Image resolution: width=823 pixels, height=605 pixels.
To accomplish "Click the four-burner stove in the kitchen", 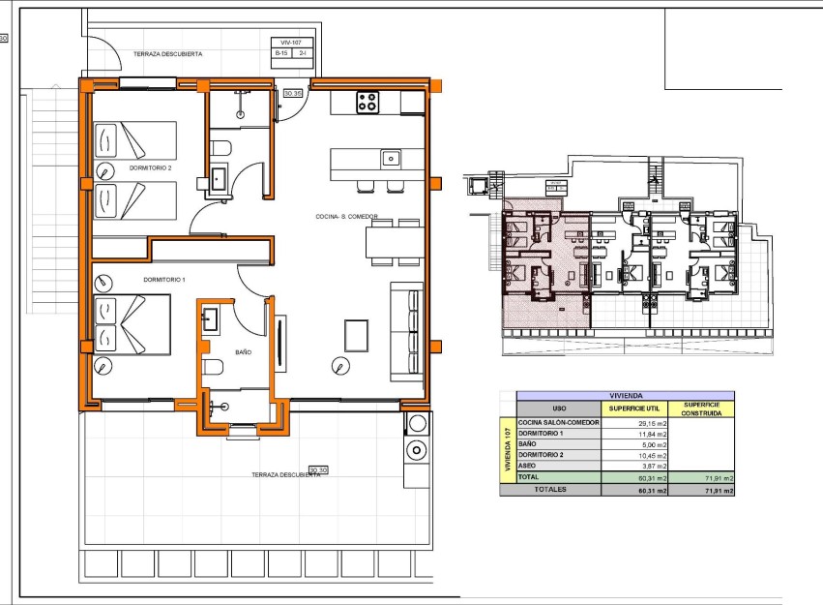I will point(367,102).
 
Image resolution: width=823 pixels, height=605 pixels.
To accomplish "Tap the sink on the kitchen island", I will point(391,158).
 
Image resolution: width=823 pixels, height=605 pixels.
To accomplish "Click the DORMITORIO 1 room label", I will point(163,280).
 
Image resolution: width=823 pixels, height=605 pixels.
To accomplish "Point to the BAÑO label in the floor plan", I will point(244,353).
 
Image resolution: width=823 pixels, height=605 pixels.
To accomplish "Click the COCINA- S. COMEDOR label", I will point(345,217).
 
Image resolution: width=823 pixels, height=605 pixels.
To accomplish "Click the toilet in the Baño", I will point(213,367).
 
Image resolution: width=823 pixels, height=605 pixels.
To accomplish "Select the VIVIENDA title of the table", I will point(625,395).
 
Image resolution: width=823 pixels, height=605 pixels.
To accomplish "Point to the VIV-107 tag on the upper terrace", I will point(291,43).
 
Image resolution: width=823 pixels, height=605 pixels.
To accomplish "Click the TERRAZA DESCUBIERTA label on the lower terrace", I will point(285,474).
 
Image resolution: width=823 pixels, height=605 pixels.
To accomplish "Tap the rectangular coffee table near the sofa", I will point(355,335).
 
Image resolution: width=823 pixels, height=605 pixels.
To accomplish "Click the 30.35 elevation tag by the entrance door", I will point(293,94).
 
